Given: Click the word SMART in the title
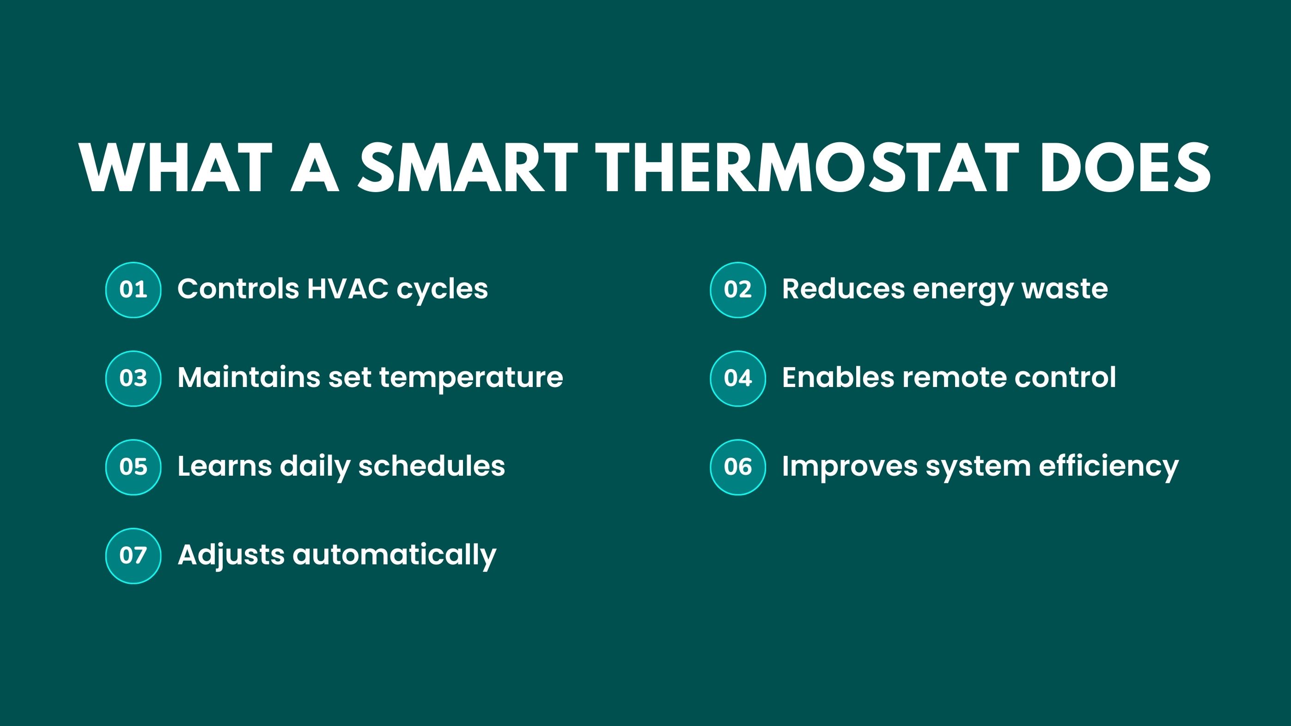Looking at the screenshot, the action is click(x=468, y=167).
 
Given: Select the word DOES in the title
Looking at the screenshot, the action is click(x=1125, y=167).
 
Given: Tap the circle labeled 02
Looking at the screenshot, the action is click(x=738, y=290).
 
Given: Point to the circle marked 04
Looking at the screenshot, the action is click(x=738, y=378).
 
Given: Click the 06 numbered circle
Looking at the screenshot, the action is click(x=738, y=467).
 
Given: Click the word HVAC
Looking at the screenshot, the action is click(x=347, y=289).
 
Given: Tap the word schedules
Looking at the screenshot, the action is click(x=432, y=466).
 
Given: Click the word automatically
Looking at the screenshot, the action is click(x=395, y=557).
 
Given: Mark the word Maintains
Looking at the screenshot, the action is click(x=249, y=377).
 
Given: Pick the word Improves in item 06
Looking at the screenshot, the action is click(x=850, y=467).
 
